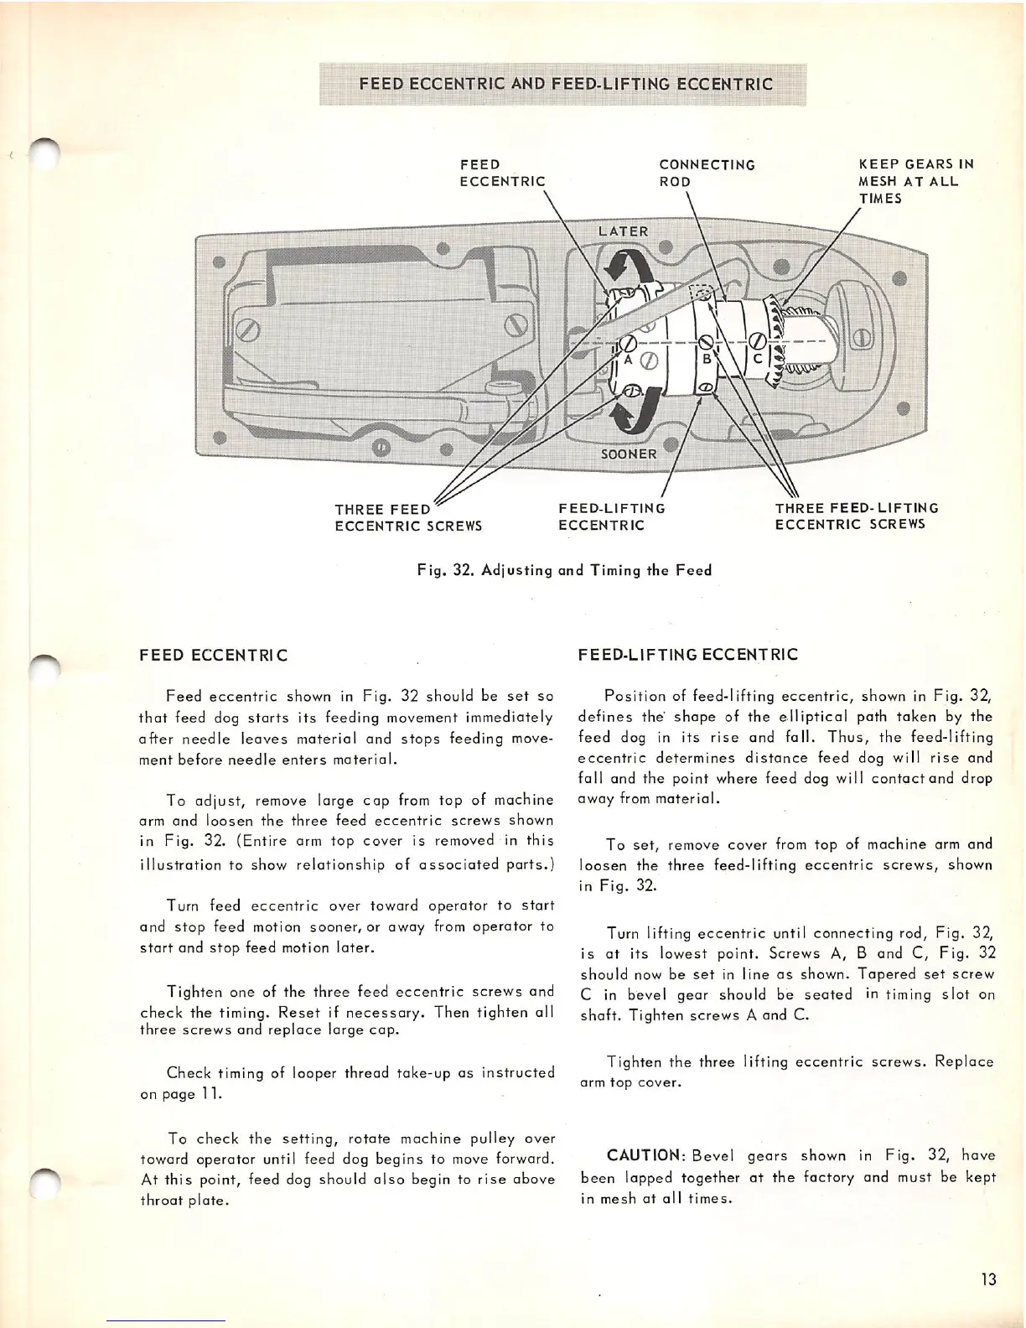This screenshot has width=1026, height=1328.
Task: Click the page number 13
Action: click(988, 1279)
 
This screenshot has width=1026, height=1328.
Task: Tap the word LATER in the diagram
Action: click(623, 231)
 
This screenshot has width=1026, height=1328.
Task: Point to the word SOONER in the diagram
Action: click(629, 454)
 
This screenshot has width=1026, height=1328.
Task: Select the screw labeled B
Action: click(706, 342)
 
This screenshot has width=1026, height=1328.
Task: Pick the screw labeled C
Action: click(756, 341)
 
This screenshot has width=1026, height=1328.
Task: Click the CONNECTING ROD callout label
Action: click(707, 173)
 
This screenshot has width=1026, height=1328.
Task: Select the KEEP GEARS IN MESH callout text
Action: click(915, 181)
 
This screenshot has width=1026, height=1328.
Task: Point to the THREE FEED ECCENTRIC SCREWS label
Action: click(407, 517)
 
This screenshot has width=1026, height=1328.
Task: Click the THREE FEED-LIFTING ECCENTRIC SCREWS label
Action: click(856, 516)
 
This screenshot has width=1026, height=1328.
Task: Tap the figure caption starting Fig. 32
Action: click(564, 570)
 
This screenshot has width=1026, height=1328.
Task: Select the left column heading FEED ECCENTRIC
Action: click(213, 655)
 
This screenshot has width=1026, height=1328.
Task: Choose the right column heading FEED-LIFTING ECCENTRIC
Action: click(687, 655)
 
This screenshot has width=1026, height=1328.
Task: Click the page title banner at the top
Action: click(566, 84)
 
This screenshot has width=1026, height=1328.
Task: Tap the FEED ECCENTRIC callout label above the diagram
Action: click(501, 173)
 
